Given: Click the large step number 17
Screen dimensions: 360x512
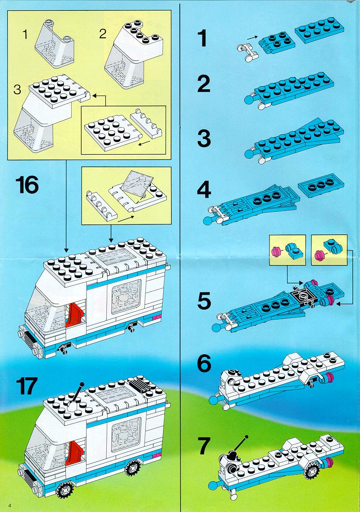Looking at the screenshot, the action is pyautogui.click(x=27, y=386).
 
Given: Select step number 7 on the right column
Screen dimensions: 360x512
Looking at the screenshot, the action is pyautogui.click(x=204, y=446).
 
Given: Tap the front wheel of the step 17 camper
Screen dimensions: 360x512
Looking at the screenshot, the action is pyautogui.click(x=65, y=489).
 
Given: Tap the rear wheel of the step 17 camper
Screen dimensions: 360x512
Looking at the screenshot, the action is pyautogui.click(x=132, y=468).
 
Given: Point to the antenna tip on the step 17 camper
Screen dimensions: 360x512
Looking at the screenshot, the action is pyautogui.click(x=82, y=384).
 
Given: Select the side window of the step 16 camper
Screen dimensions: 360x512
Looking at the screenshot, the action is pyautogui.click(x=126, y=296).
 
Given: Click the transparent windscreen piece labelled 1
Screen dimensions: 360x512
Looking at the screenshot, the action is pyautogui.click(x=54, y=44).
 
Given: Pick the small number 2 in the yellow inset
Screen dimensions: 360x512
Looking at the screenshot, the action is pyautogui.click(x=103, y=34).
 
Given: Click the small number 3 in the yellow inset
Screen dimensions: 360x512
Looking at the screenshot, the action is pyautogui.click(x=17, y=90).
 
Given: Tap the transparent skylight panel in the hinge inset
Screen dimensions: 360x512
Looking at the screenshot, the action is pyautogui.click(x=137, y=183).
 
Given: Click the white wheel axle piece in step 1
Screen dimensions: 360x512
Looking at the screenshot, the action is pyautogui.click(x=247, y=52).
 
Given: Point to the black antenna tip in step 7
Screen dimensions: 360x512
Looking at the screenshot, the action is pyautogui.click(x=246, y=437).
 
